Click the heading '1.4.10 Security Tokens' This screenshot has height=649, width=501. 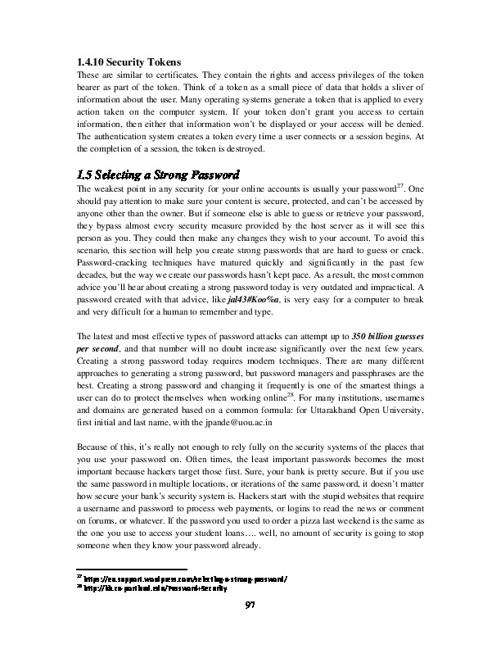[123, 63]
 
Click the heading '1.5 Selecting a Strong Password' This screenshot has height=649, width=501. [157, 175]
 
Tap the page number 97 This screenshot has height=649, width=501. [252, 605]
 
